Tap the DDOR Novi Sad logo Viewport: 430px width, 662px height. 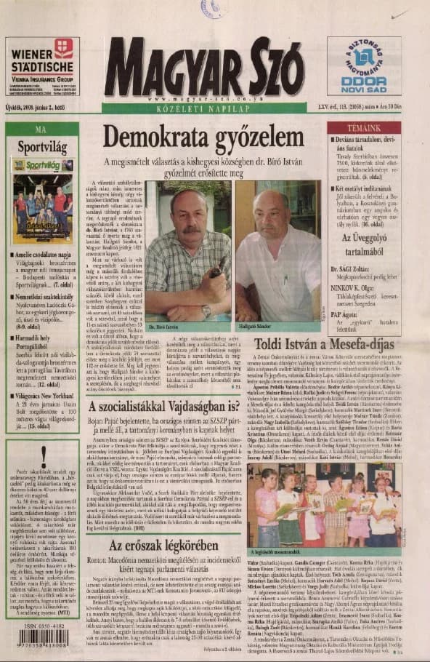(363, 65)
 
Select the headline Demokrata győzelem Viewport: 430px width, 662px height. (202, 137)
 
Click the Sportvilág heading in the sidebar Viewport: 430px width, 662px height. (42, 145)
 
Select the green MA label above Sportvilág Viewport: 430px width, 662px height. (41, 129)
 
